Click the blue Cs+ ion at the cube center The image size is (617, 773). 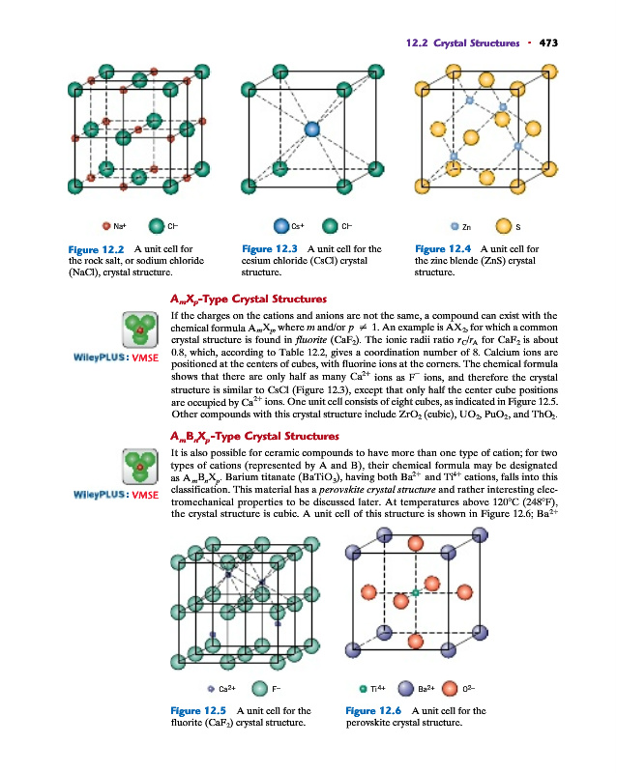coord(311,129)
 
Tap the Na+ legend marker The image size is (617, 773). coord(107,228)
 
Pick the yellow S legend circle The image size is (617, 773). coord(503,228)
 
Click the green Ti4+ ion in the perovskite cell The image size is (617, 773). coord(414,590)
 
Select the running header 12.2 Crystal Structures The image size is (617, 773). coord(460,43)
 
